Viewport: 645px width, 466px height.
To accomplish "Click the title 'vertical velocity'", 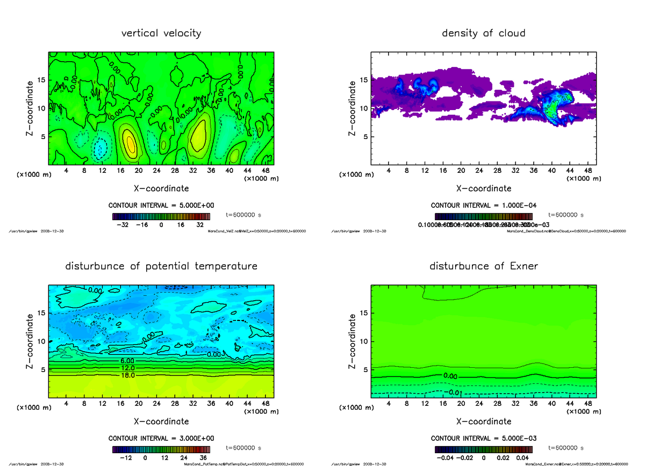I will click(x=161, y=33).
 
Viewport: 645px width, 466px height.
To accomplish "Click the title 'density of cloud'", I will click(x=483, y=33).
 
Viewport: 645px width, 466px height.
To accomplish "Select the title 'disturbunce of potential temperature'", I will click(x=161, y=266).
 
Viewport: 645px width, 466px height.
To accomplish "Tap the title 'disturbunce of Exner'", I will click(x=483, y=266).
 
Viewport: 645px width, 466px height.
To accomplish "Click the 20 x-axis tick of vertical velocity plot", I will click(x=139, y=171).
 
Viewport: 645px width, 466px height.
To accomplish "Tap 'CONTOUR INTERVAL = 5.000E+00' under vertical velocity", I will click(x=161, y=206).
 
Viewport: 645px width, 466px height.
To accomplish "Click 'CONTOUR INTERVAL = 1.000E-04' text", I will click(x=483, y=206).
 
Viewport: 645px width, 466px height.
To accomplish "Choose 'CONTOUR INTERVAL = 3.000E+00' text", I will click(x=161, y=438).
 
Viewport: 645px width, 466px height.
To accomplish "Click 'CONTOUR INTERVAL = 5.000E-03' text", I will click(x=483, y=438).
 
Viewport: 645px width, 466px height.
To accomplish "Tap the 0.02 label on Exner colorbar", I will click(x=502, y=458).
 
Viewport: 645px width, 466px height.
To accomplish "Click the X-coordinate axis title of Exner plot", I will click(x=483, y=421).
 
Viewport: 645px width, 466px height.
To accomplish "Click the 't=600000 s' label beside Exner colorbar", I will click(x=566, y=447).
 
